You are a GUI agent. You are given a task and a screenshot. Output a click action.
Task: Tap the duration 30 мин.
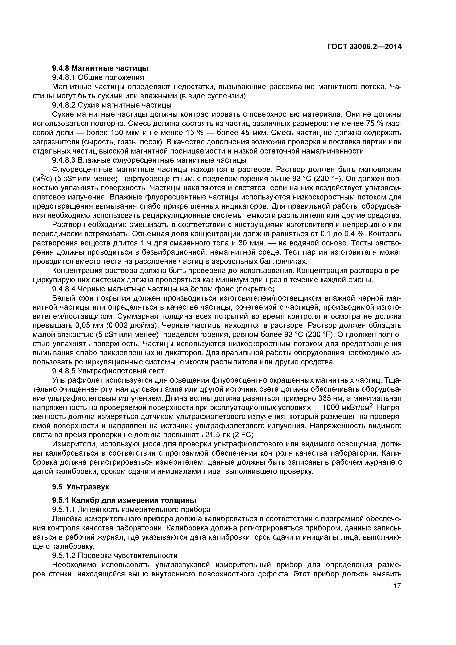tap(253, 243)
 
